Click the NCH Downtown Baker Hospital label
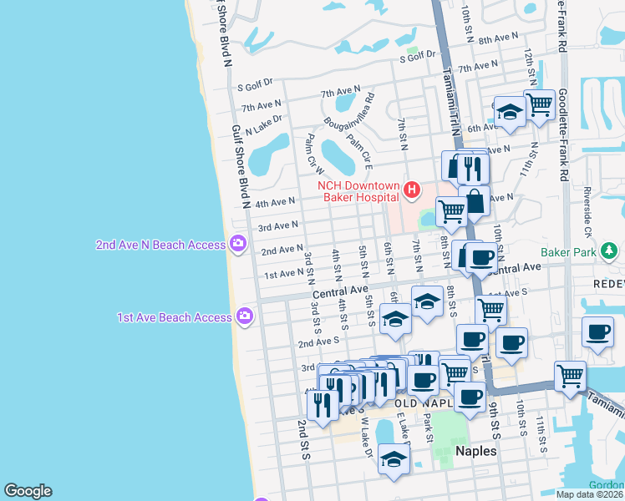(x=360, y=191)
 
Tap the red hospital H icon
(x=411, y=191)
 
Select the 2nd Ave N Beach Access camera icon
(x=238, y=244)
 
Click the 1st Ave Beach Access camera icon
(x=245, y=316)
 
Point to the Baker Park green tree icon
(x=611, y=249)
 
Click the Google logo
(x=28, y=491)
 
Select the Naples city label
(x=476, y=451)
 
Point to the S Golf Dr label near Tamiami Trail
(x=419, y=55)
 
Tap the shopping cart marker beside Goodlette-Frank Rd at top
(x=540, y=105)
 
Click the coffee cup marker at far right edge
(x=598, y=332)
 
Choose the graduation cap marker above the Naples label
(x=394, y=458)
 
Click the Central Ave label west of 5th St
(x=341, y=292)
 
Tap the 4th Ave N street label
(x=275, y=203)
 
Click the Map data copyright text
(x=589, y=494)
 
